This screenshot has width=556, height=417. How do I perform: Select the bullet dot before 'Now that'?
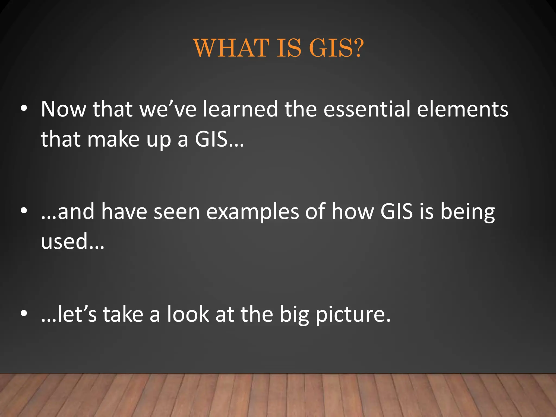point(24,109)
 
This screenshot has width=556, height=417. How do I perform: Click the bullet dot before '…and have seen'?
point(24,211)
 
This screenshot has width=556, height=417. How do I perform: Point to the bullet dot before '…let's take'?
point(24,314)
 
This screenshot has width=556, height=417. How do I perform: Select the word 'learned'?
point(241,109)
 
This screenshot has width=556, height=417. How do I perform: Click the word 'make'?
point(113,139)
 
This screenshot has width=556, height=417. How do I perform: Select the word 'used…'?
point(72,241)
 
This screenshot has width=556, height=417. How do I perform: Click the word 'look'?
point(188,314)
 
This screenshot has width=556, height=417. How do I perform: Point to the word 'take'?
point(123,314)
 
